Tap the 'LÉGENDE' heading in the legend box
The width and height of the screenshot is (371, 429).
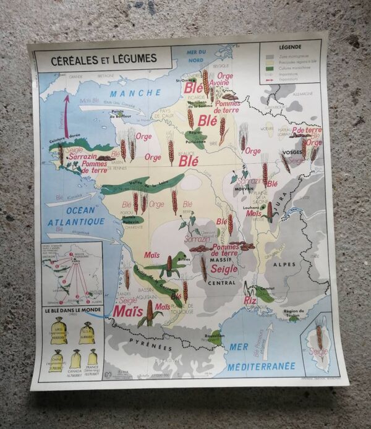290,47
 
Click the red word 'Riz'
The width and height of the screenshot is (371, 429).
250,300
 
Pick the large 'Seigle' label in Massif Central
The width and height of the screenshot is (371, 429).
224,269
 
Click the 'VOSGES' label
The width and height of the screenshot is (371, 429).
291,152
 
